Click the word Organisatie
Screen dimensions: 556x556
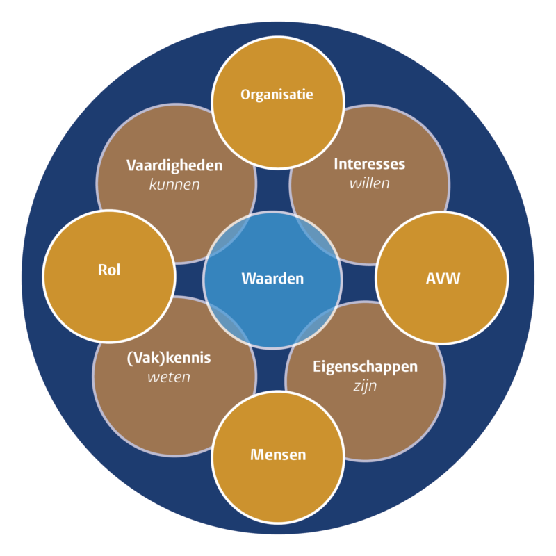277,94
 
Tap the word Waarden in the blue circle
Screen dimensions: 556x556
272,279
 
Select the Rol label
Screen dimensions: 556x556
109,270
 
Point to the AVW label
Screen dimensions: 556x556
443,279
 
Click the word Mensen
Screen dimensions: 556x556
278,455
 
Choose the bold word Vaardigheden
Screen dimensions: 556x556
174,165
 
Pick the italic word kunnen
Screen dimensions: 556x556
174,185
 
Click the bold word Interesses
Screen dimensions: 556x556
369,165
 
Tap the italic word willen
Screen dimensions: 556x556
370,184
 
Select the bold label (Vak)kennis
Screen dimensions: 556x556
169,359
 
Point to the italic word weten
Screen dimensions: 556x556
168,377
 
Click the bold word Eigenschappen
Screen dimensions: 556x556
365,366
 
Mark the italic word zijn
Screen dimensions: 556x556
365,386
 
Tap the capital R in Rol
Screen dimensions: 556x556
101,270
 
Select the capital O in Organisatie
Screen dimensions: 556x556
245,94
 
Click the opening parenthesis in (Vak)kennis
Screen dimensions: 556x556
129,359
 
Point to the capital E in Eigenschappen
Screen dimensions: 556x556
316,366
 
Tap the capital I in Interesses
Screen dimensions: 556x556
336,165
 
